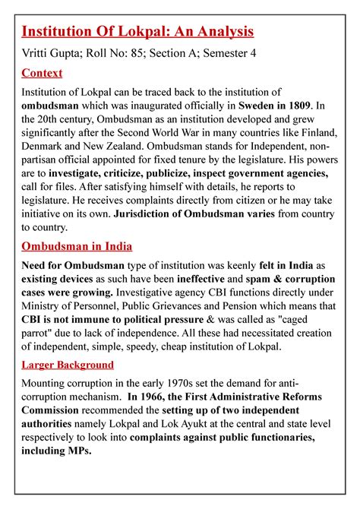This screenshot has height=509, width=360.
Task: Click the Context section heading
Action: [42, 73]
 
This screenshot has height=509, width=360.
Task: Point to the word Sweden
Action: [244, 106]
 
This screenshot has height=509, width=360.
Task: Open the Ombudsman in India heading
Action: [77, 246]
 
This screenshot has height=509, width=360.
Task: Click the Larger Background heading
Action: [68, 365]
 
